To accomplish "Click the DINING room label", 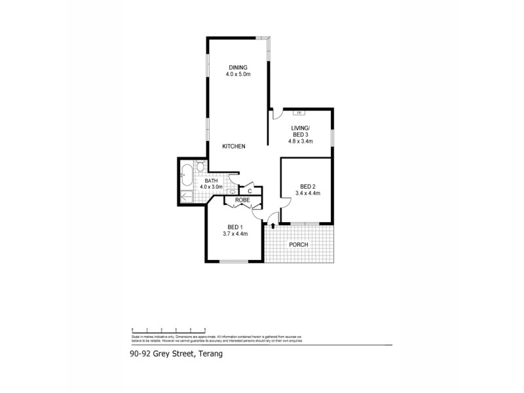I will pyautogui.click(x=237, y=67).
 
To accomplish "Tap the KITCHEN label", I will pyautogui.click(x=233, y=146).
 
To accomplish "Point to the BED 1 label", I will pyautogui.click(x=236, y=227).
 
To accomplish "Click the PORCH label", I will pyautogui.click(x=298, y=244).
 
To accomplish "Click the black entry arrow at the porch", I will pyautogui.click(x=272, y=226).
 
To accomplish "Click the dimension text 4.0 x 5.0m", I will pyautogui.click(x=237, y=74).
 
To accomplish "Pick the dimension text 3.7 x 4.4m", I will pyautogui.click(x=236, y=234).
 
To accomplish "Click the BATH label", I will pyautogui.click(x=211, y=180).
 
